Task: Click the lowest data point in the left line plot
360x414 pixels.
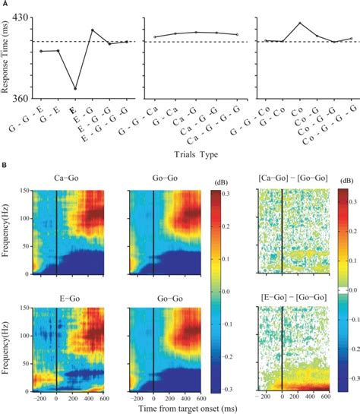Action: [x=75, y=89]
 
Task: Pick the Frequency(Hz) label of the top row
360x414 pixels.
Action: [x=7, y=230]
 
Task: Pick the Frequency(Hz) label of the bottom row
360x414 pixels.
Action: [x=7, y=339]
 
